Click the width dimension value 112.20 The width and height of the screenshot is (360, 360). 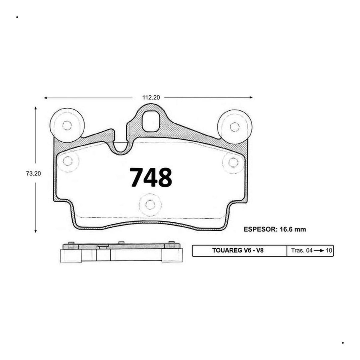click(151, 97)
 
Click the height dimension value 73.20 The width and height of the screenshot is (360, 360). click(33, 174)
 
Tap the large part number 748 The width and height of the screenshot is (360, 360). click(151, 177)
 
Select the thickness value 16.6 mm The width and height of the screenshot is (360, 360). click(293, 229)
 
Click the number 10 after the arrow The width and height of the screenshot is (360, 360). click(329, 250)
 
